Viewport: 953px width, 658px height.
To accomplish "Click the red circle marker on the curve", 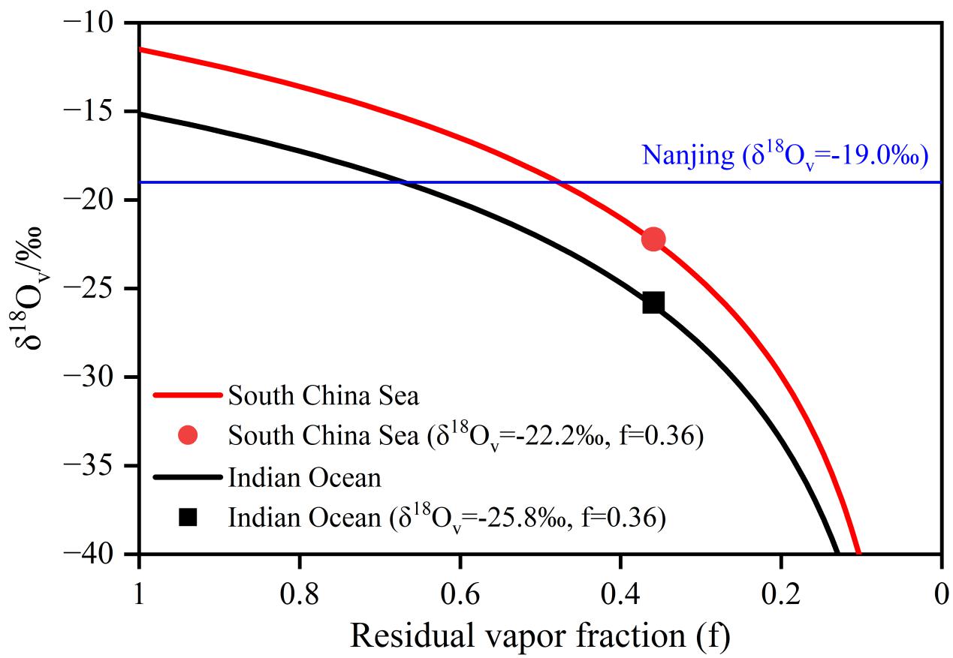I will click(x=653, y=239).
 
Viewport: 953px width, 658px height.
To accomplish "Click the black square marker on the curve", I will click(x=653, y=302).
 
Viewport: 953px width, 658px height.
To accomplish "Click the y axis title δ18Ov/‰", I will click(x=30, y=289).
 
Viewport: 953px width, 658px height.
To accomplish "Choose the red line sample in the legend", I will click(x=188, y=395).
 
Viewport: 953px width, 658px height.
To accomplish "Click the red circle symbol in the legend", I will click(x=188, y=436).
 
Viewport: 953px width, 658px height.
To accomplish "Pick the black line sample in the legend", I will click(x=188, y=477).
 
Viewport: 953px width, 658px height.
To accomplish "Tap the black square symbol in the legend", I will click(x=188, y=518).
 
